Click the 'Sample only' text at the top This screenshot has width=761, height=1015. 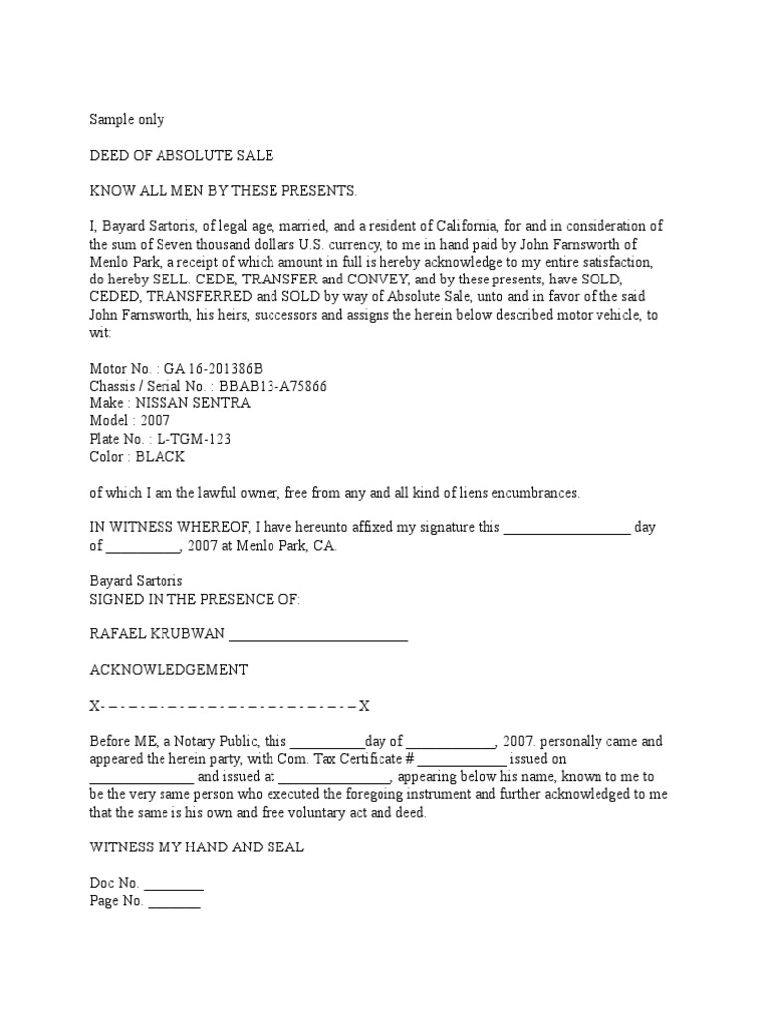(127, 120)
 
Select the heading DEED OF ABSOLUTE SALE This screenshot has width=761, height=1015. (181, 156)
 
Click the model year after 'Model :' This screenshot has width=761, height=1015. (155, 421)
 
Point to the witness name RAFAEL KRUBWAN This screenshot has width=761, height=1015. (158, 634)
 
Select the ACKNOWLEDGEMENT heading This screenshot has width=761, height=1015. (168, 670)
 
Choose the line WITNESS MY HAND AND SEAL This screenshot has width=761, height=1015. (197, 847)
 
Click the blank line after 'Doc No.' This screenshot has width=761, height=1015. (174, 884)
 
